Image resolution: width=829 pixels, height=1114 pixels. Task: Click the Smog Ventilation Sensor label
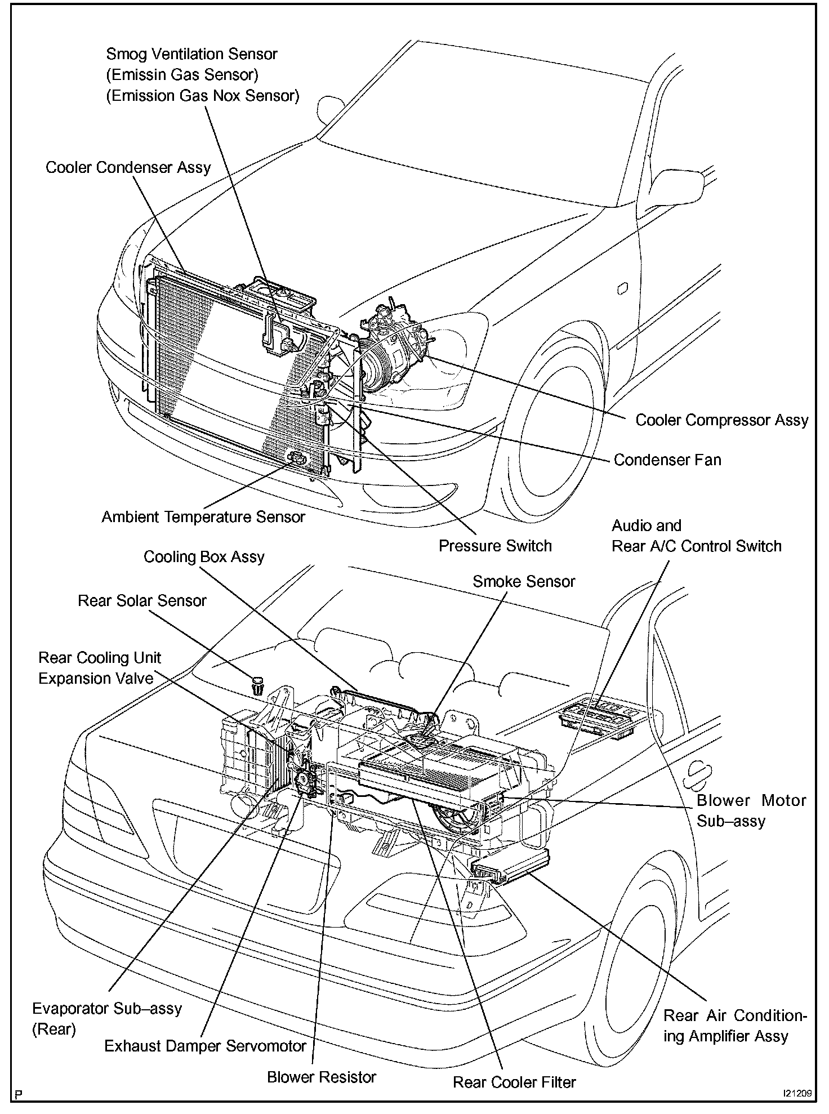pyautogui.click(x=191, y=55)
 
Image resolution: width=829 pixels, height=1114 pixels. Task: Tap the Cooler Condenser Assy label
pyautogui.click(x=128, y=168)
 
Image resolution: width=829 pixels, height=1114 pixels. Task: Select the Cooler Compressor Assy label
pyautogui.click(x=721, y=420)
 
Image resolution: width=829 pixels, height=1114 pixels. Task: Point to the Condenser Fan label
pyautogui.click(x=667, y=460)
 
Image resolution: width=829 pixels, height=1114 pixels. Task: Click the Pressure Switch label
pyautogui.click(x=495, y=546)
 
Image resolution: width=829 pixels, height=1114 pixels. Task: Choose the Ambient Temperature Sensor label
pyautogui.click(x=203, y=517)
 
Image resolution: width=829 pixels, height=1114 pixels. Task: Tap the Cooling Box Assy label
pyautogui.click(x=204, y=557)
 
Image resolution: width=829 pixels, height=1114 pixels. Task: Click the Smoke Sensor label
pyautogui.click(x=524, y=582)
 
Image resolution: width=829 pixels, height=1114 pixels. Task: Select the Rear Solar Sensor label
pyautogui.click(x=142, y=601)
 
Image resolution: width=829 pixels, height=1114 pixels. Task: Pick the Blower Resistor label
pyautogui.click(x=322, y=1077)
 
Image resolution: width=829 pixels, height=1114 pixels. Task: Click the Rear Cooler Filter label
pyautogui.click(x=515, y=1082)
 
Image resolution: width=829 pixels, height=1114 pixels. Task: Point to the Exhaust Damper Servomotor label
pyautogui.click(x=205, y=1046)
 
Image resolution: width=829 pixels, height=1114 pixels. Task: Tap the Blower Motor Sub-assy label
pyautogui.click(x=751, y=810)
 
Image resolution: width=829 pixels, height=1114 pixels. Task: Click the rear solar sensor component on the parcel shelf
pyautogui.click(x=258, y=685)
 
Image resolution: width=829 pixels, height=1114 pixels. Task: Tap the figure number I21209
pyautogui.click(x=796, y=1094)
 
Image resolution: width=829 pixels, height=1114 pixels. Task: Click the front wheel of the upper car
pyautogui.click(x=558, y=428)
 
